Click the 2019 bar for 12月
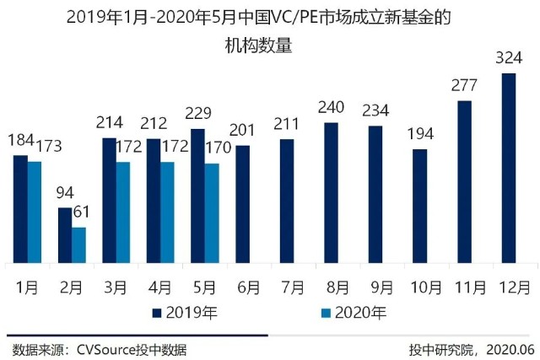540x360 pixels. point(508,168)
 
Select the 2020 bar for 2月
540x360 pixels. point(78,244)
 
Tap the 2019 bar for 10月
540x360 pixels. point(419,206)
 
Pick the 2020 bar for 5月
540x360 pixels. point(212,212)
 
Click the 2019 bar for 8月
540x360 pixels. point(331,192)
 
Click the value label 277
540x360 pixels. point(464,87)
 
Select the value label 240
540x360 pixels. point(331,109)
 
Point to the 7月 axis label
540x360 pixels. point(292,287)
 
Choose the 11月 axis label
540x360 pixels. point(467,287)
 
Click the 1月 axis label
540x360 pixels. point(28,287)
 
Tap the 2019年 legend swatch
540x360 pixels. point(158,314)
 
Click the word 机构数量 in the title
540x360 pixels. point(269,47)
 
